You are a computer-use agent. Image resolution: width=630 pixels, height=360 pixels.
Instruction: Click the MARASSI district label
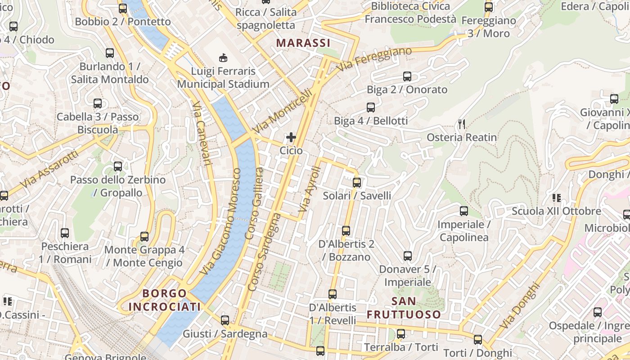303,43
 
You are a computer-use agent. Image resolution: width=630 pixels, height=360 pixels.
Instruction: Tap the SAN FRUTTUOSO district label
404,308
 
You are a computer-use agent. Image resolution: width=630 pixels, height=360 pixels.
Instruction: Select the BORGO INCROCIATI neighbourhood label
164,300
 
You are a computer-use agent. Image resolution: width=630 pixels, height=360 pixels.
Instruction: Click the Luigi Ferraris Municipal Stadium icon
223,58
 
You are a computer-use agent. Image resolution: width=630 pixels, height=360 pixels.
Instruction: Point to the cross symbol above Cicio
291,137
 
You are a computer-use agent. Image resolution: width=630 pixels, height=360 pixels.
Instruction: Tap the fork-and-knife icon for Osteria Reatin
461,124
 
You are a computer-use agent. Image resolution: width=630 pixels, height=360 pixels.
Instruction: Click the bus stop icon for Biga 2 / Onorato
407,76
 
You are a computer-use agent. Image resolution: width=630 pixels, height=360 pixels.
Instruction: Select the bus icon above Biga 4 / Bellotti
371,108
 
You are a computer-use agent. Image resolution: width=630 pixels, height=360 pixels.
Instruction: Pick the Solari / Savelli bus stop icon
357,183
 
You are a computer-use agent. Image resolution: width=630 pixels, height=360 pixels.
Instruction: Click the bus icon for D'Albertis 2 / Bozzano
346,231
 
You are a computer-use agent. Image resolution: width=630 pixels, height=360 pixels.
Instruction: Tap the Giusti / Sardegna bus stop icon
225,320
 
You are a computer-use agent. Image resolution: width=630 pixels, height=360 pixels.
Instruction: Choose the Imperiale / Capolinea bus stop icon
464,211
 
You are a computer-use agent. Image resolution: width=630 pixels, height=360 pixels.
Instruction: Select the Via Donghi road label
520,305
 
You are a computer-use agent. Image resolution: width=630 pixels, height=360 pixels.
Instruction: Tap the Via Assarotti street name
49,169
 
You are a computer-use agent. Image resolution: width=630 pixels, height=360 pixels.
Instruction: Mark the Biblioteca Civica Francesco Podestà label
410,13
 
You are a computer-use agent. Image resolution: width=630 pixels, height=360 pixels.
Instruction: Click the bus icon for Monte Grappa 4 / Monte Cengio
144,237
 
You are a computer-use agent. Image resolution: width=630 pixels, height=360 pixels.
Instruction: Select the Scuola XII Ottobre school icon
557,198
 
